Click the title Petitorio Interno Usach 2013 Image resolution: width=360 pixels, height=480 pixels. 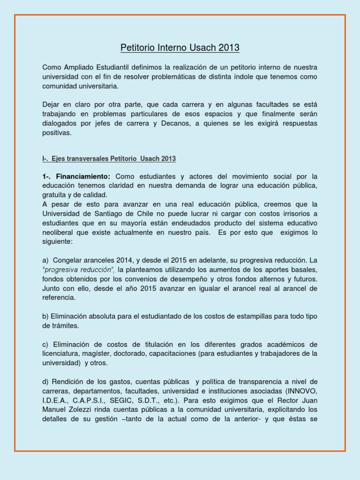(x=180, y=47)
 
